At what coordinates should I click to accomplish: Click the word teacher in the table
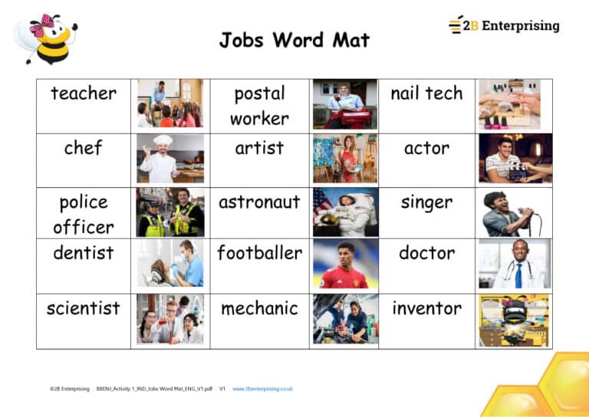coord(84,94)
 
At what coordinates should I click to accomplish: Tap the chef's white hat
coord(163,141)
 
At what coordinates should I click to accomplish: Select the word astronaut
coord(259,203)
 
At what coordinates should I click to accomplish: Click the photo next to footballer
coord(344,263)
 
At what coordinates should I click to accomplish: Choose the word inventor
coord(426,308)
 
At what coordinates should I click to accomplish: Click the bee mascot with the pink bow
coord(47,38)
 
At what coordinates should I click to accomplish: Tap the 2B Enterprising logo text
coord(511,25)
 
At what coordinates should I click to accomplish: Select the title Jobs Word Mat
coord(294,40)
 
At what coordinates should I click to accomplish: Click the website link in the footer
coord(262,389)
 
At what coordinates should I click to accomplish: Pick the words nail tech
coord(426,94)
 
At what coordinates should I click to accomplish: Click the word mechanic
coord(259,308)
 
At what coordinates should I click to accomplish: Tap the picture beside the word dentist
coord(170,263)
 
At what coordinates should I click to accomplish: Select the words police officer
coord(84,215)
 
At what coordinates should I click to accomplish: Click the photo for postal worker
coord(344,103)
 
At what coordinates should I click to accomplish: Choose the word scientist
coord(84,308)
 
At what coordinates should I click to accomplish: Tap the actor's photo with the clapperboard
coord(515,158)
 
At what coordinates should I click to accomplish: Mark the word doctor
coord(426,253)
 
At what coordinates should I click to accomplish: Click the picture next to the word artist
coord(344,158)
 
